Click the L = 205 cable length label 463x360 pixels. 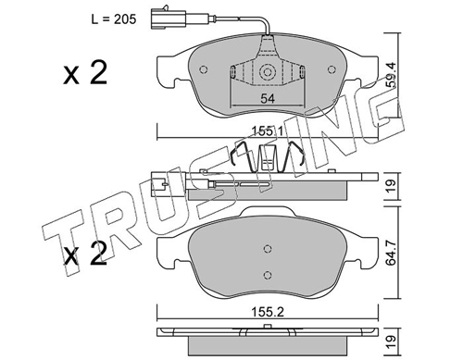click(x=114, y=19)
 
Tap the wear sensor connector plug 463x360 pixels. click(x=169, y=19)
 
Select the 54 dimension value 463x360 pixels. click(x=268, y=99)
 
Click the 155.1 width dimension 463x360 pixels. click(x=268, y=131)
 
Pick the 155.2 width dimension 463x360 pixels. click(x=268, y=312)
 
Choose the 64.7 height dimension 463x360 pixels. click(x=392, y=253)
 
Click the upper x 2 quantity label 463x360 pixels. click(x=85, y=73)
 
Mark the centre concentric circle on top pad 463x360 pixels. click(x=268, y=72)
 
